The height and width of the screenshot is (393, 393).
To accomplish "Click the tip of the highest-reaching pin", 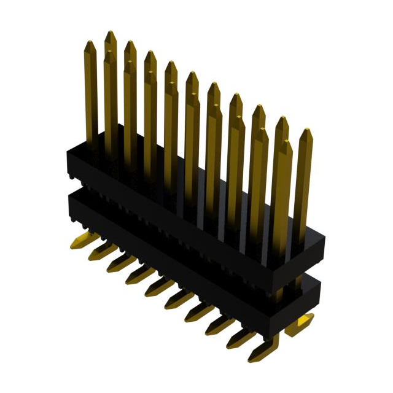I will click(111, 34).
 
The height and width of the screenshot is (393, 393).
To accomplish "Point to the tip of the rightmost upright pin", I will click(305, 132).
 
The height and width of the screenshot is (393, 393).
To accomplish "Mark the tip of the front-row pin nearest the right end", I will click(286, 144).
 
